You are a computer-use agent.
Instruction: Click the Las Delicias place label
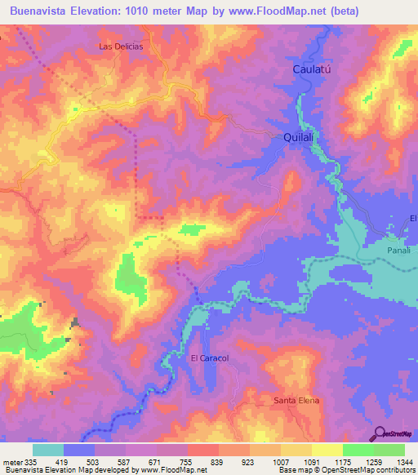[x=121, y=47]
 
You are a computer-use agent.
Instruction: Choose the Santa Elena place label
[x=296, y=401]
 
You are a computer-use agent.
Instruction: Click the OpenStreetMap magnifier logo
[x=380, y=433]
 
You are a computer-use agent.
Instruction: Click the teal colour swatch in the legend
[x=48, y=450]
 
